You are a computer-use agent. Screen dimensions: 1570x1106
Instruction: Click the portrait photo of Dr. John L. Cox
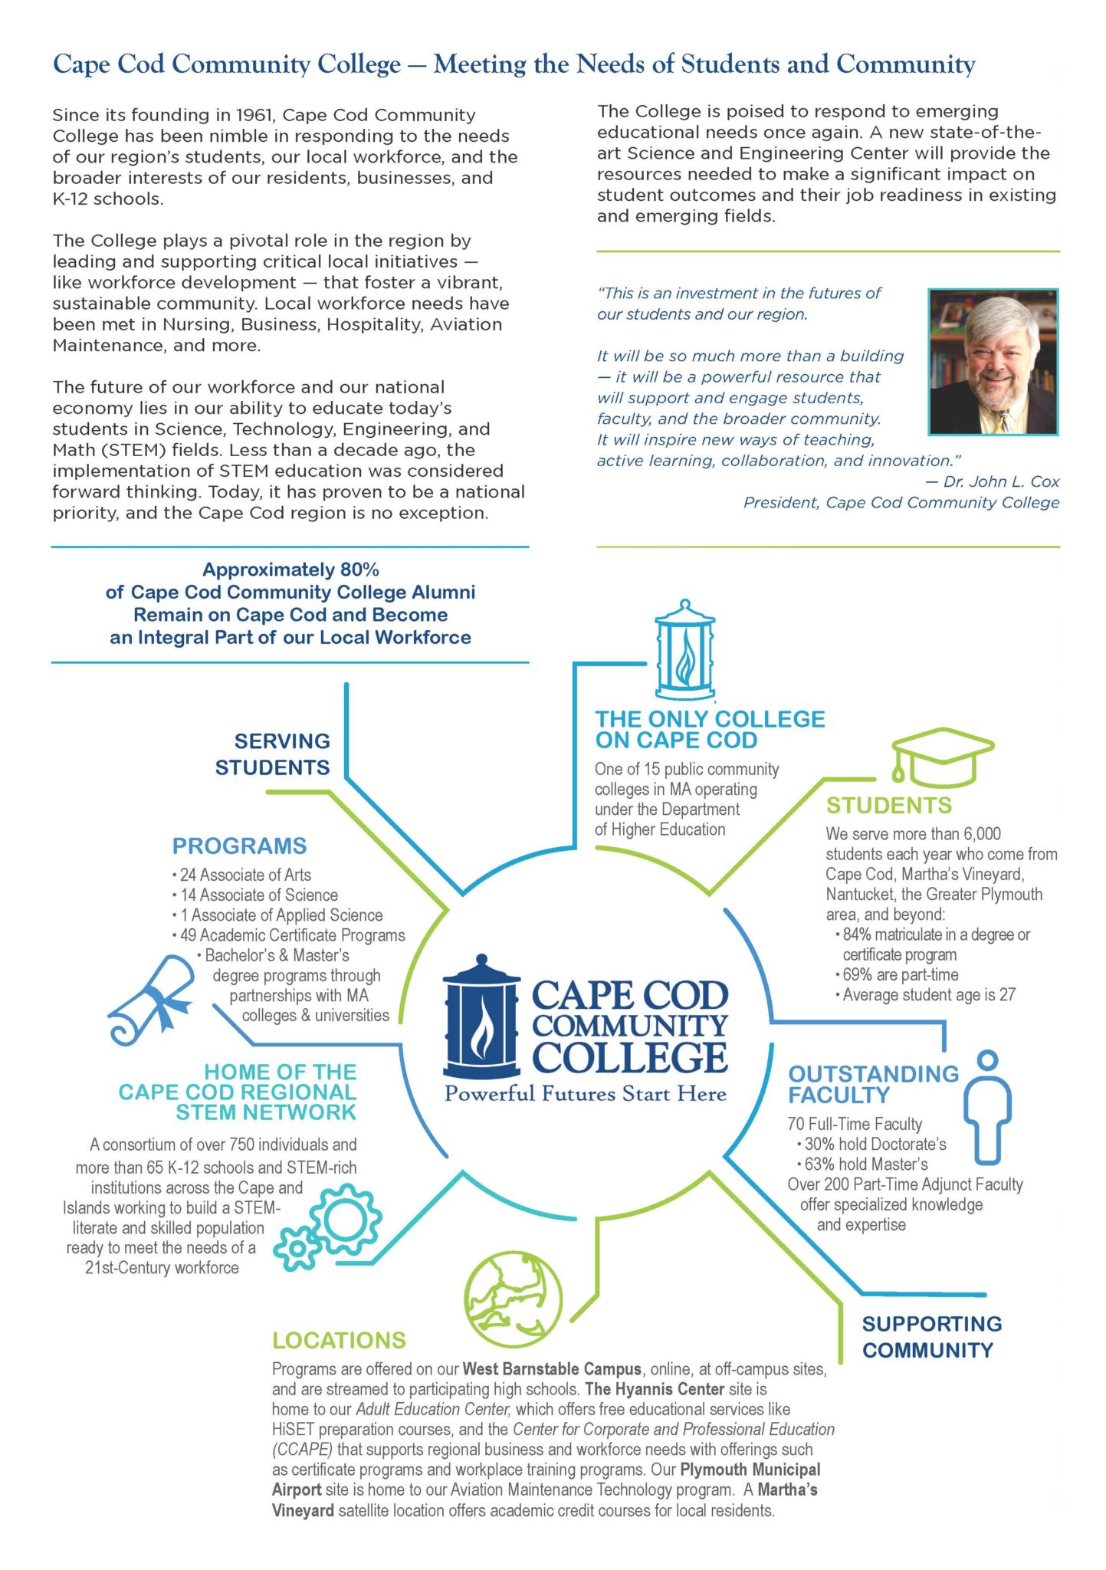[x=993, y=362]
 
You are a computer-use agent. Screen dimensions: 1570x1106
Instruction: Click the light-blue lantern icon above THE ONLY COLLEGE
[x=684, y=650]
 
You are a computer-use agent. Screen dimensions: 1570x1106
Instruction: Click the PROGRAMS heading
[x=239, y=846]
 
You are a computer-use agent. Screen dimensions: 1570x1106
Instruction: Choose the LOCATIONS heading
[x=339, y=1340]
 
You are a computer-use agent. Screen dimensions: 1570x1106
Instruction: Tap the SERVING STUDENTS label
[x=273, y=754]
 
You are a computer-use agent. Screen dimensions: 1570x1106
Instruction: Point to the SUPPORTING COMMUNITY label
[x=931, y=1337]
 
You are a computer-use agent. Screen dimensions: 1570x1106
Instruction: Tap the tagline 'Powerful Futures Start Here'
[x=586, y=1093]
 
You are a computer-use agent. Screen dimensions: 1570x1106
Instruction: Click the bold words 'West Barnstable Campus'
[x=552, y=1368]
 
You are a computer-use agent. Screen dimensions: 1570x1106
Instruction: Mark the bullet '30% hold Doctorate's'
[x=875, y=1144]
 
